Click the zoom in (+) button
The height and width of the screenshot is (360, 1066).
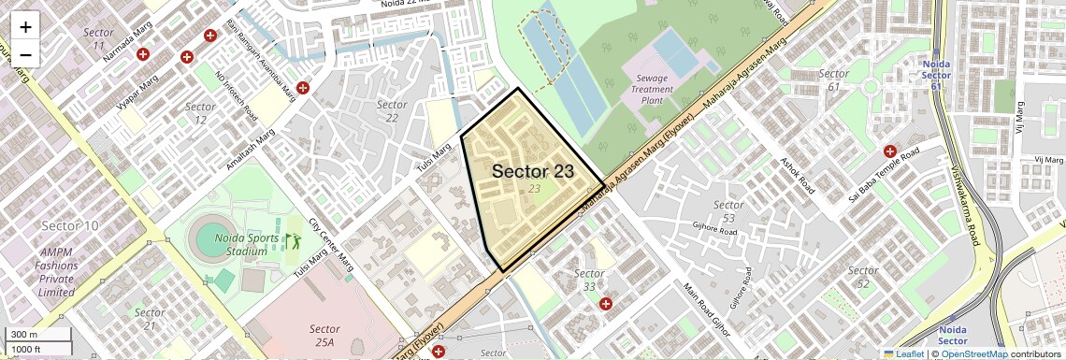point(25,27)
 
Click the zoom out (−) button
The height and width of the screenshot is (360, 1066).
point(25,54)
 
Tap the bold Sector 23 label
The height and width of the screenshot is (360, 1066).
point(533,171)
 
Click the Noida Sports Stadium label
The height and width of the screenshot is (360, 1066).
point(246,244)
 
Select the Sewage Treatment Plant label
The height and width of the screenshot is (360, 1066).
point(652,90)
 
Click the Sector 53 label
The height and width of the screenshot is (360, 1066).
point(728,210)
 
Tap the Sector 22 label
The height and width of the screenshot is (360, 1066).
point(392,110)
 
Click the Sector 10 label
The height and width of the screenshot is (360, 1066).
point(70,225)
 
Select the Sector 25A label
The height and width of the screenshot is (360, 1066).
point(324,336)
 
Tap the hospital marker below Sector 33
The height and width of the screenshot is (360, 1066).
point(606,304)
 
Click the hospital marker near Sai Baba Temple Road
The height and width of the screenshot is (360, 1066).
point(890,151)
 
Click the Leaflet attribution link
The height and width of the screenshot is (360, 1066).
point(903,353)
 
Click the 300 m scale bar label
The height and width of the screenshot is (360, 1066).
point(24,335)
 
